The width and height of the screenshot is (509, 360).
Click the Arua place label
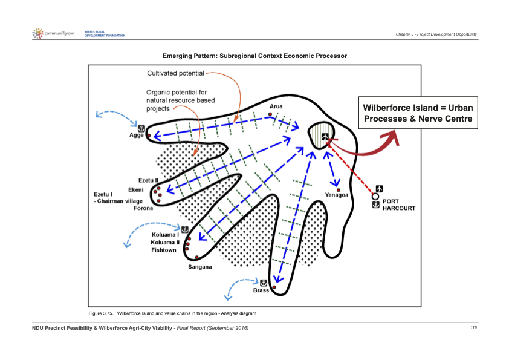tap(276, 106)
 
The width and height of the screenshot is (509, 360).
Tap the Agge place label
tap(137, 135)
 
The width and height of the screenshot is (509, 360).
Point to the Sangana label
tap(199, 267)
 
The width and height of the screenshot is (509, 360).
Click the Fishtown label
tap(164, 250)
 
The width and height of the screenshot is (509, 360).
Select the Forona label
tap(143, 208)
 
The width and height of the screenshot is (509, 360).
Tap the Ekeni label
tap(145, 189)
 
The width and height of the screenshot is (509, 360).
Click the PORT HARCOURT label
tap(399, 205)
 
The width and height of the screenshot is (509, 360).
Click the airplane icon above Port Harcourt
tap(379, 188)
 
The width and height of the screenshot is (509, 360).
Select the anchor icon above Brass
tap(263, 282)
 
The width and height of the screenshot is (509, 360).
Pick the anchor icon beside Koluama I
tap(184, 229)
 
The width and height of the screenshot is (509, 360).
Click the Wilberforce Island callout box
tap(417, 113)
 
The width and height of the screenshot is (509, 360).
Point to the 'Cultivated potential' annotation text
tap(175, 73)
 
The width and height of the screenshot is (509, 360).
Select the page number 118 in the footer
tap(473, 327)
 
